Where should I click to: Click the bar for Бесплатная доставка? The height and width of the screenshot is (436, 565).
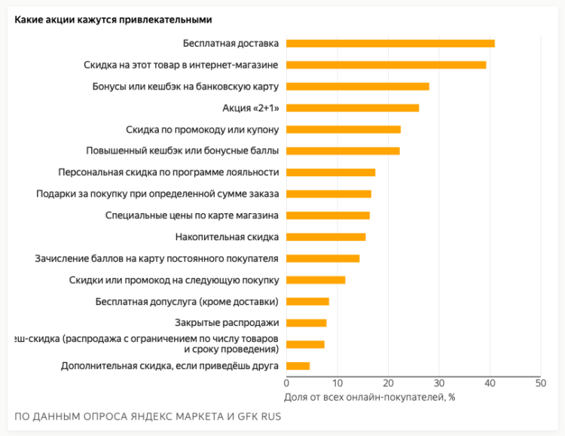point(390,43)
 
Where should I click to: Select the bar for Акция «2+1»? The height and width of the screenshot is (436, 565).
point(353,108)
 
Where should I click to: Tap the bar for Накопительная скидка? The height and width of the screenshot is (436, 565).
point(326,237)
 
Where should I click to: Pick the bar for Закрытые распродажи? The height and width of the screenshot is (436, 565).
point(307,323)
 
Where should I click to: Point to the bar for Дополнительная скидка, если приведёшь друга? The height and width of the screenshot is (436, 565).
point(298,366)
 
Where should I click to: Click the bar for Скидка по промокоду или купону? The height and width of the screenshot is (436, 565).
point(344,130)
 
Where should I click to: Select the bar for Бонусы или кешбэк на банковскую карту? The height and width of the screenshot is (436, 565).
point(358,86)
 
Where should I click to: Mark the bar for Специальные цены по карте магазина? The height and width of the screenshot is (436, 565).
point(328,215)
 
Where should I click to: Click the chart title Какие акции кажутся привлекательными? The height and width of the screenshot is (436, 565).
point(113,20)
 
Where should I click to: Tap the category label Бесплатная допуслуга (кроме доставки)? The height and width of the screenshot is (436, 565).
point(188,302)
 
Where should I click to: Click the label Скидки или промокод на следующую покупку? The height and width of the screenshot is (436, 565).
point(174,280)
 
